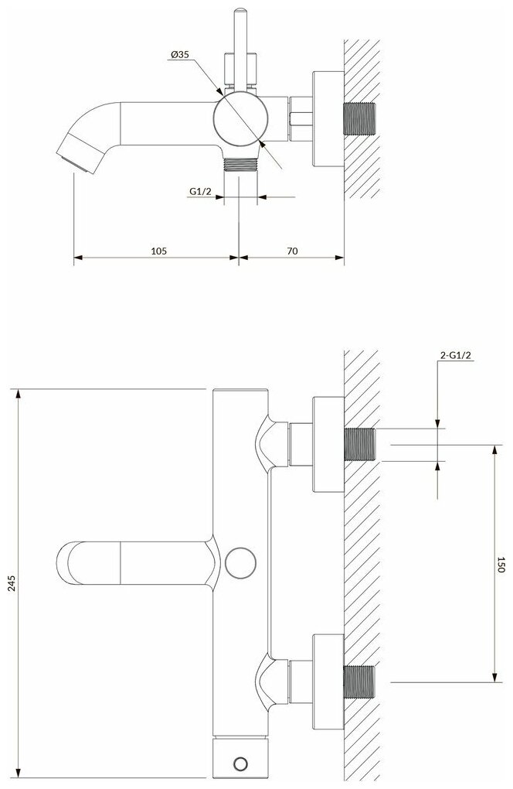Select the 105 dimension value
pyautogui.click(x=159, y=250)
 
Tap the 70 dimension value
pyautogui.click(x=291, y=250)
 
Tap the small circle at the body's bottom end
pyautogui.click(x=240, y=764)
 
